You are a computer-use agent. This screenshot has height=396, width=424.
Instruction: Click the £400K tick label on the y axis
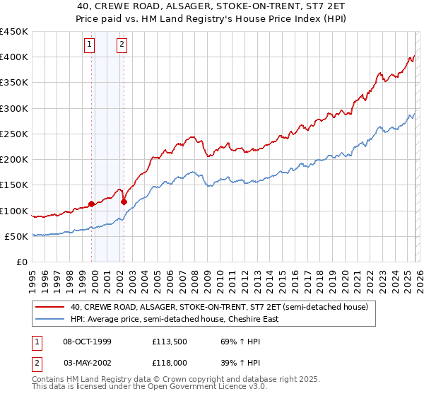[14, 57]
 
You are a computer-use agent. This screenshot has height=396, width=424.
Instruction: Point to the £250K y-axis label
[14, 134]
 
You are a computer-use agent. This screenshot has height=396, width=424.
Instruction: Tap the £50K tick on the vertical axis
[17, 236]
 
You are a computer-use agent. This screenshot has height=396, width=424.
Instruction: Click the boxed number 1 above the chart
[90, 45]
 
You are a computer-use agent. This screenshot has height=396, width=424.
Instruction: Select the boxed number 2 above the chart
[122, 45]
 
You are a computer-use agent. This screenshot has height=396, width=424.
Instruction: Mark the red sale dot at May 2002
[124, 202]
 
